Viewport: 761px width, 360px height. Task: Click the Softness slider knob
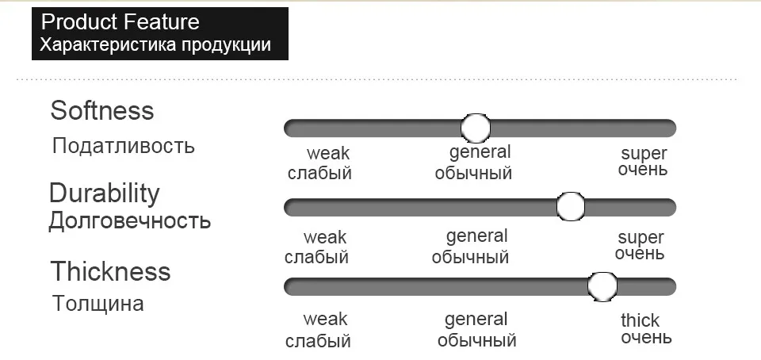click(x=476, y=127)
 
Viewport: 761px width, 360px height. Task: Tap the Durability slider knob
click(x=570, y=206)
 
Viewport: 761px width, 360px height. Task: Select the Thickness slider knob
click(x=603, y=286)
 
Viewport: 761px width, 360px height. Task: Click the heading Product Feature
click(x=120, y=21)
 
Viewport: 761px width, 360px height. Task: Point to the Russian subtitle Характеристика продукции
click(x=155, y=44)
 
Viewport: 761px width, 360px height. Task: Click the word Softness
click(x=101, y=110)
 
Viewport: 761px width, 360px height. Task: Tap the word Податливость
click(x=123, y=146)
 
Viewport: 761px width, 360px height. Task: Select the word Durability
click(x=104, y=193)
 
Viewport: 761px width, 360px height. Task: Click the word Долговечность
click(x=130, y=220)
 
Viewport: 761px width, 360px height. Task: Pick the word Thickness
click(x=110, y=271)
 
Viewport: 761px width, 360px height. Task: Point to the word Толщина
click(x=98, y=304)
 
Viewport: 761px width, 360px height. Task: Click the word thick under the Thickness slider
click(x=640, y=320)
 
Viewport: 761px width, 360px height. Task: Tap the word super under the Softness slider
click(x=644, y=153)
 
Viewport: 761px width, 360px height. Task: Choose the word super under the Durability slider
click(x=641, y=237)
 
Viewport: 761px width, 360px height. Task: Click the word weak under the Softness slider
click(x=328, y=153)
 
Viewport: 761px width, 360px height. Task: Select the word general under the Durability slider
click(x=476, y=236)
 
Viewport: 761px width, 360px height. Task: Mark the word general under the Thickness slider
click(x=476, y=320)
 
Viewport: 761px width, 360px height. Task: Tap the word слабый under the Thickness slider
click(x=318, y=342)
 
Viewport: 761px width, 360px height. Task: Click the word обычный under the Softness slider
click(x=473, y=173)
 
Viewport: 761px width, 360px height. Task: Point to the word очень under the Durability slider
click(x=640, y=255)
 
